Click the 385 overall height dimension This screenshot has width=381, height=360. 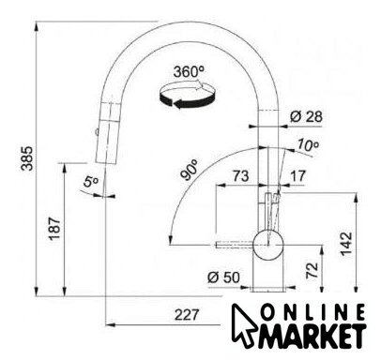point(27,158)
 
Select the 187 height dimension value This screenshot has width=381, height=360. point(54,229)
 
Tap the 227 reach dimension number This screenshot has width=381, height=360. point(187,315)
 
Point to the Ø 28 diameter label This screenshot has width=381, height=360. point(306,117)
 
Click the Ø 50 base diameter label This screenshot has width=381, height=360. point(223,277)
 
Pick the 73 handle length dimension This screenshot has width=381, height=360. point(240,176)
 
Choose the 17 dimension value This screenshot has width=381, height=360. point(297,176)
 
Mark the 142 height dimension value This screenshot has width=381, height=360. point(346,244)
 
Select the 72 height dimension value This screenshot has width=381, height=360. point(312,270)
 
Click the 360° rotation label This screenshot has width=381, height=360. point(189,72)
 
